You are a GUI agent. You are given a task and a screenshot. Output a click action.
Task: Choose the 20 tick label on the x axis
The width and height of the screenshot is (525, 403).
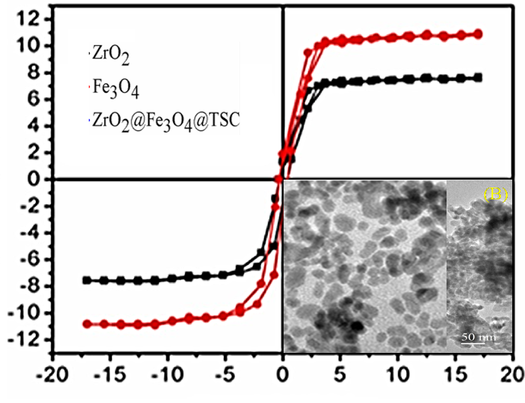[512, 381]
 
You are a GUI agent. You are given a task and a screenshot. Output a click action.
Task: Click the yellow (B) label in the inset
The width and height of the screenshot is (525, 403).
[495, 194]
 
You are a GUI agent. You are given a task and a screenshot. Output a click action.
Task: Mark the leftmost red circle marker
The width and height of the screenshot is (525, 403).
[87, 324]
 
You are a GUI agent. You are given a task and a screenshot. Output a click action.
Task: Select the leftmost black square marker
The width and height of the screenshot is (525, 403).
[87, 280]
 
